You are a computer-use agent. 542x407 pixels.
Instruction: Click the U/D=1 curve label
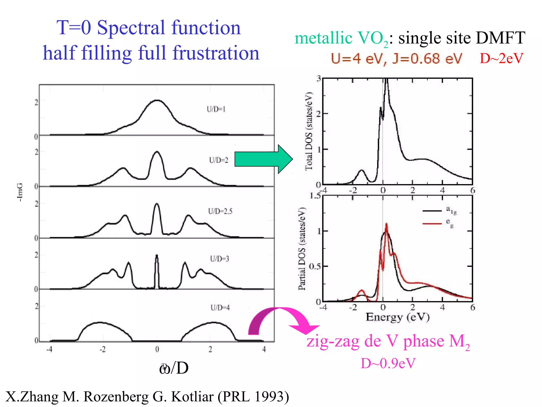216,109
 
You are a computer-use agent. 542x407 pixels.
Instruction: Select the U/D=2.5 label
220,211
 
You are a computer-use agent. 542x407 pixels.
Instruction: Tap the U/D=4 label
220,308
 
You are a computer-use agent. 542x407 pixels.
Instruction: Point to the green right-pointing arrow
263,159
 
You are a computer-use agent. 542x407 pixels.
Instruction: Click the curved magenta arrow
281,319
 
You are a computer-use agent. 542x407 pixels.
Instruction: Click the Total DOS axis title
309,131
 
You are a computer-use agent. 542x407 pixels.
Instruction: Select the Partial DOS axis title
302,249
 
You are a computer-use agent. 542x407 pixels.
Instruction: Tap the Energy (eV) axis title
398,317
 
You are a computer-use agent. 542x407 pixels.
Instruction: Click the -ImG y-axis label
20,192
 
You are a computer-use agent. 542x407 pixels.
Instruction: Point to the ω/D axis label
174,368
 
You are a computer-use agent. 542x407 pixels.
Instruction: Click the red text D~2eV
502,58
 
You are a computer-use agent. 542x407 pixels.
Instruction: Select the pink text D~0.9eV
388,363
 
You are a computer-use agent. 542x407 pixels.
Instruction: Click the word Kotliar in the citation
192,397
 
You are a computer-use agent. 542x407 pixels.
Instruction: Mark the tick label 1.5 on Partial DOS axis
315,196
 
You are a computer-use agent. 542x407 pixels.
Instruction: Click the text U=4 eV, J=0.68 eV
396,59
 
